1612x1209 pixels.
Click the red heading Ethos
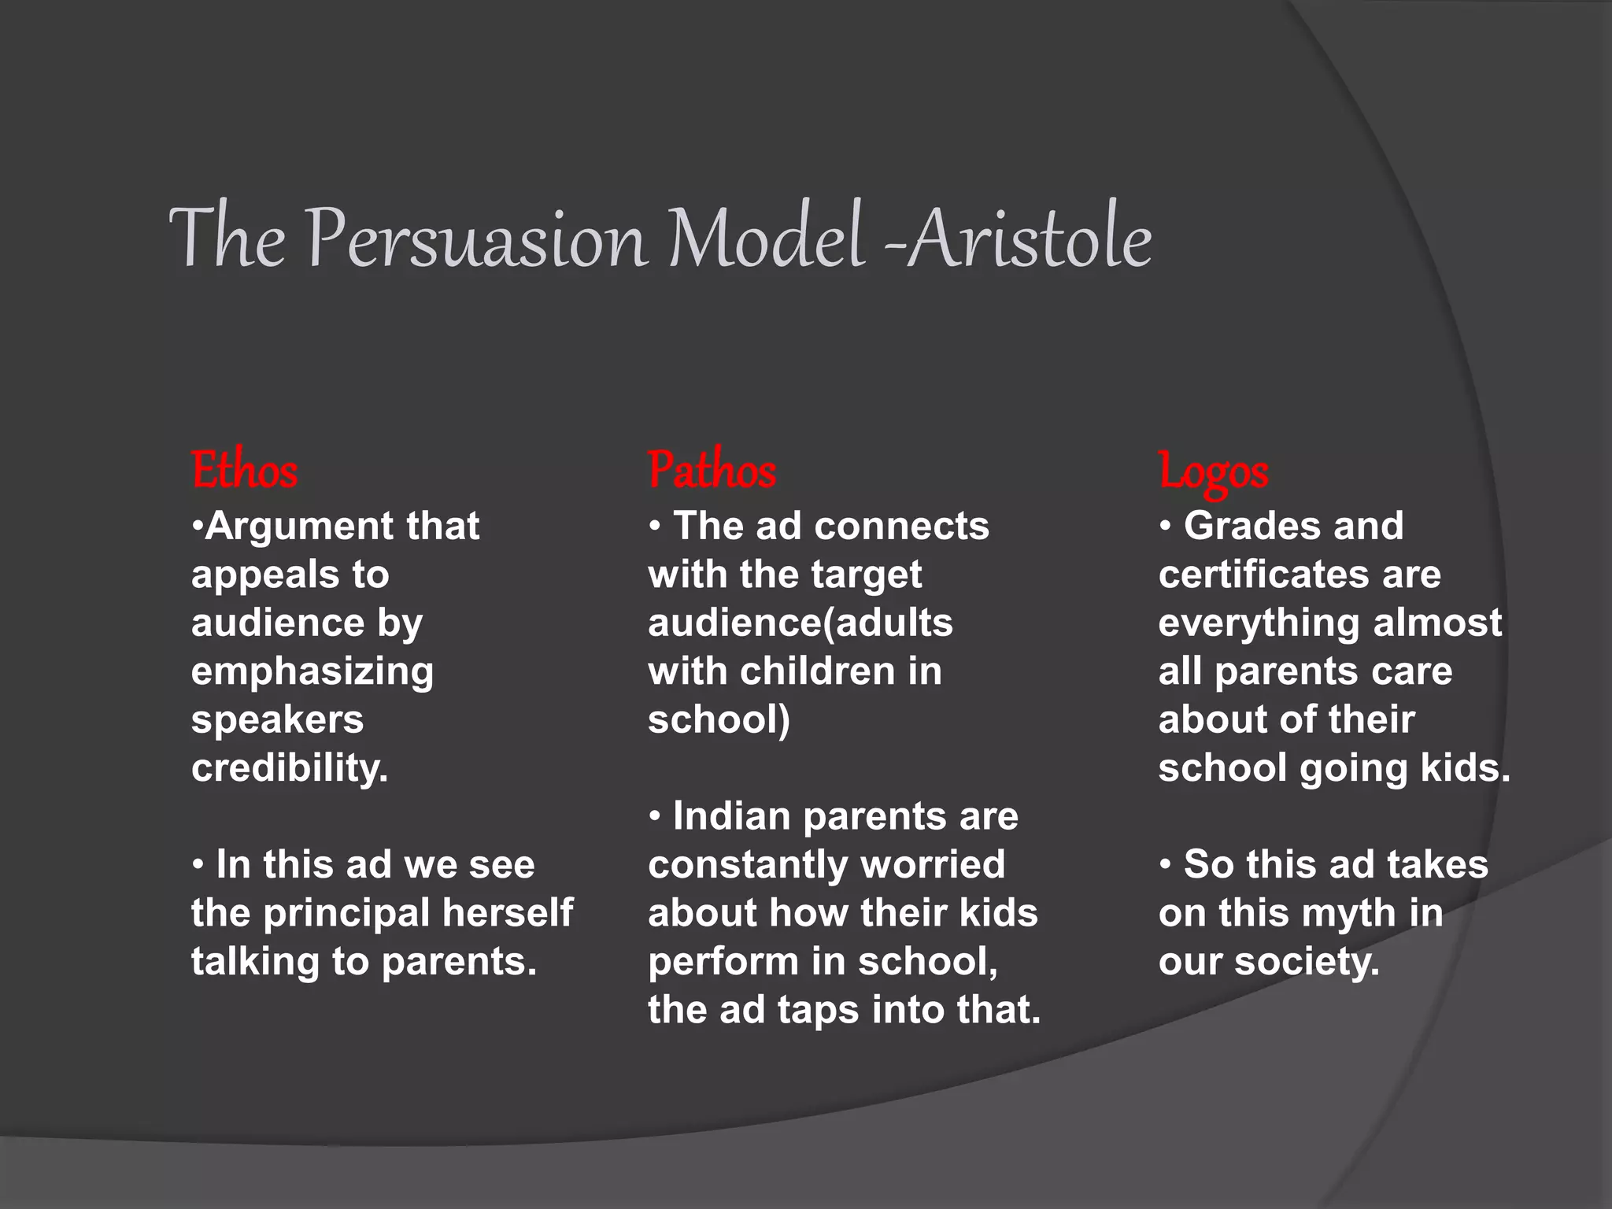(x=244, y=471)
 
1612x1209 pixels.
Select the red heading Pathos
(x=712, y=471)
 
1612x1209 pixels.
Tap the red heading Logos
(x=1213, y=473)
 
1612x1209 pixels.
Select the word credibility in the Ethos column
(x=290, y=767)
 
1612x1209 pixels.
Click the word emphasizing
(x=312, y=671)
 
